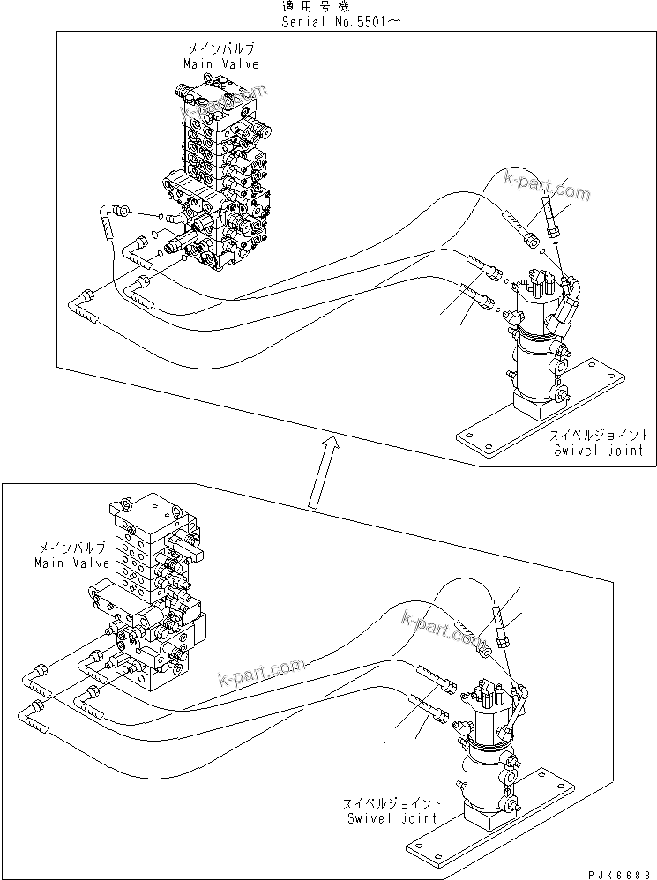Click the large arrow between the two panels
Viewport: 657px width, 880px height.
coord(319,471)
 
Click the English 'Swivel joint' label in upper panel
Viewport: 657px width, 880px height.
coord(599,451)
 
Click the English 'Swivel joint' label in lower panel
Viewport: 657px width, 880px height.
coord(391,817)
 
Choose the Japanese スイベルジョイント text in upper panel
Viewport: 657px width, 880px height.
coord(599,436)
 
